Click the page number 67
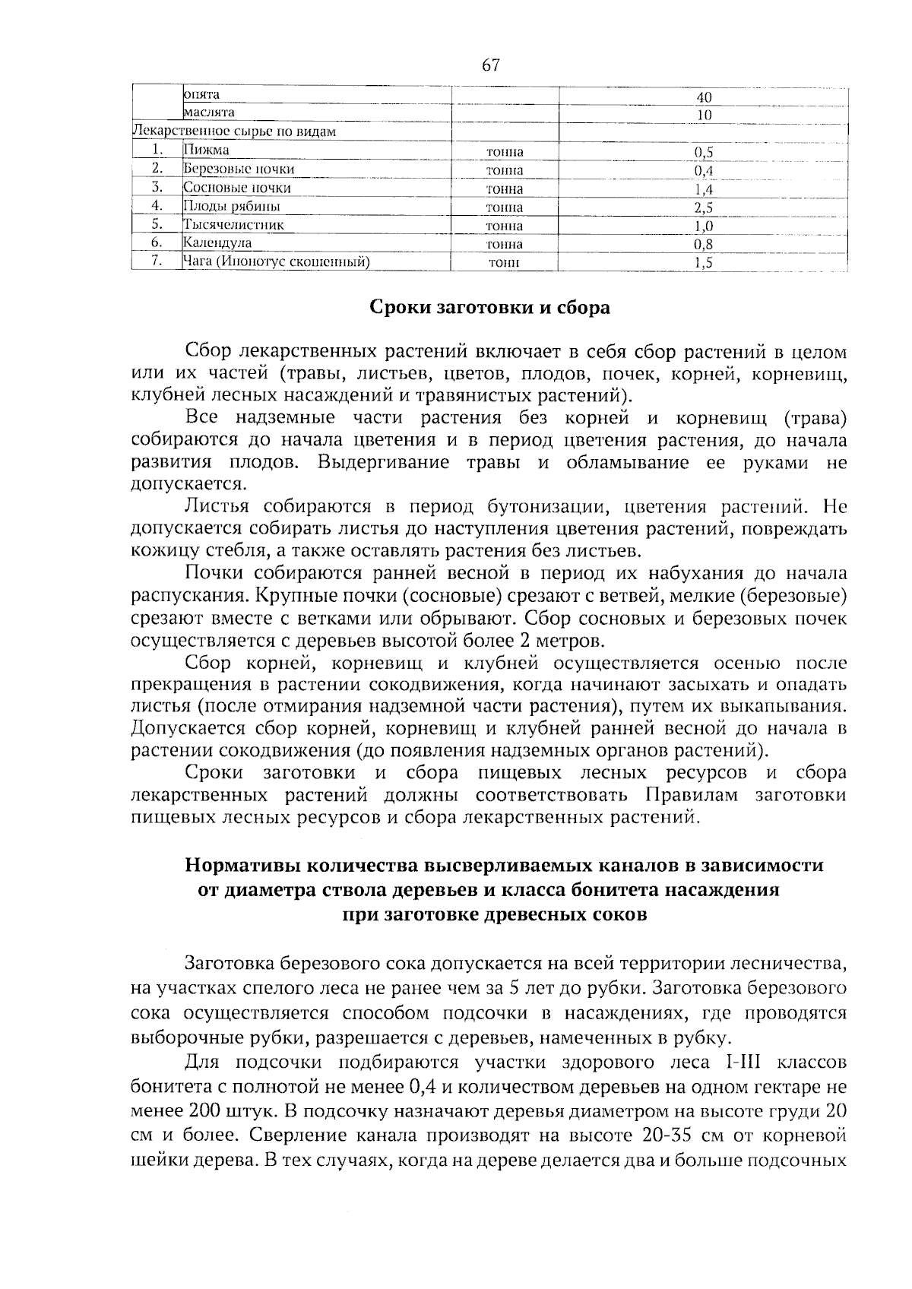pos(490,65)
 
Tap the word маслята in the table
pos(209,112)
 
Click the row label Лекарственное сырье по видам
pos(234,131)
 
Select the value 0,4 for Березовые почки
pos(703,170)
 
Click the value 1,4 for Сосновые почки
pos(703,189)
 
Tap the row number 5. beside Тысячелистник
pos(157,224)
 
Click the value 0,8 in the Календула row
pos(703,245)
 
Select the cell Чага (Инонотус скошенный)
pos(277,262)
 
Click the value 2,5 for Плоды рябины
pos(703,207)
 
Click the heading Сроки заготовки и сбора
pos(489,308)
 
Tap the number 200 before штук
pos(203,1110)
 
